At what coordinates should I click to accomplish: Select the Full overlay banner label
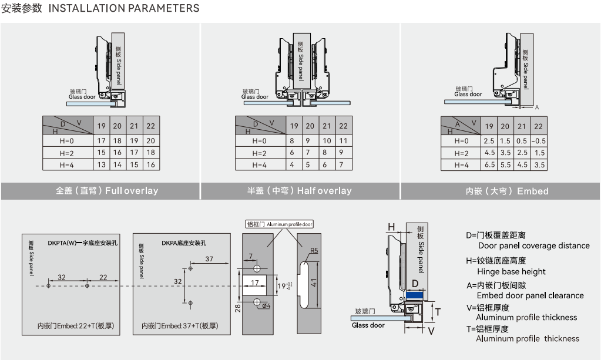click(x=107, y=190)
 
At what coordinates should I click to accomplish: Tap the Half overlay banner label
click(x=300, y=190)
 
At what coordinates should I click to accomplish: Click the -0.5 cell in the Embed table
click(x=538, y=141)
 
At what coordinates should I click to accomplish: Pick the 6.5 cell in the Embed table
click(x=489, y=165)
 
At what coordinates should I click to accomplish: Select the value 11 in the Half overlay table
click(x=344, y=141)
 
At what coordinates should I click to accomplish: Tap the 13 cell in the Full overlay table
click(x=102, y=165)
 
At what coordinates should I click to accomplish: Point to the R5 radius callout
click(x=314, y=250)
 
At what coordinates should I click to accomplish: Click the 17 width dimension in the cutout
click(x=254, y=283)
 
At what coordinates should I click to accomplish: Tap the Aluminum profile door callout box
click(x=279, y=224)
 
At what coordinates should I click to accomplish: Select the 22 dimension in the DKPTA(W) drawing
click(x=103, y=277)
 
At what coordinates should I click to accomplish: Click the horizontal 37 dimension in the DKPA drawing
click(x=209, y=259)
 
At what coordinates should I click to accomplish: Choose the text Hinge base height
click(x=511, y=271)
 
